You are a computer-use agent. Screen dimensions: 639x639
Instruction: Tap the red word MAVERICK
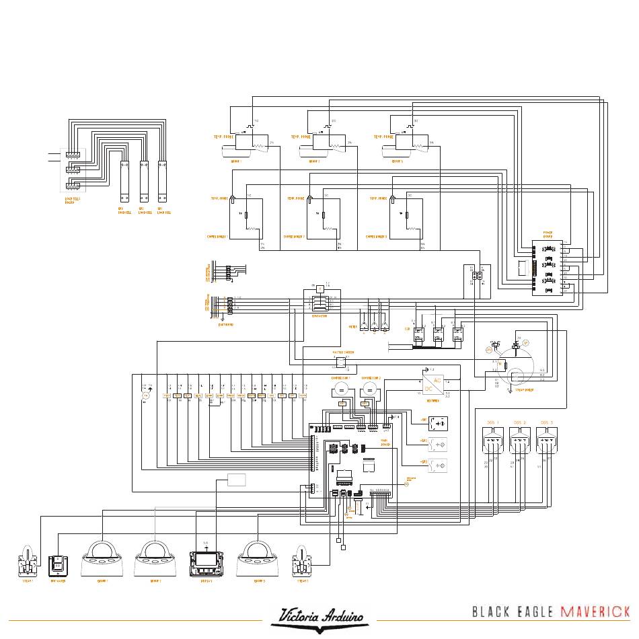[595, 611]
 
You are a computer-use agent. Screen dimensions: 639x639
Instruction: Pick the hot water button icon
[57, 561]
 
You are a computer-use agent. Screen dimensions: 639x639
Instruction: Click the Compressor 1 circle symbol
[340, 391]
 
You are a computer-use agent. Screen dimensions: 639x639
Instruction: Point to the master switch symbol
[342, 363]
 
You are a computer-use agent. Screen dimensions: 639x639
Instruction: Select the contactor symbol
[320, 301]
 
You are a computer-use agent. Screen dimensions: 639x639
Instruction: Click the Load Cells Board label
[69, 201]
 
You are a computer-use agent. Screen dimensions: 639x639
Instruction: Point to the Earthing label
[225, 324]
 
